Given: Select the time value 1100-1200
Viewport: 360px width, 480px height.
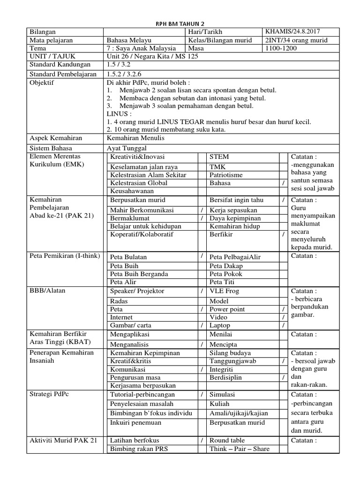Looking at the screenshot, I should click(281, 48).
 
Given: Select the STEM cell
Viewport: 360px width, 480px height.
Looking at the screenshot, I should click(219, 157).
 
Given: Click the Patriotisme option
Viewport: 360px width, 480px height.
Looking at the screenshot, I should click(227, 175).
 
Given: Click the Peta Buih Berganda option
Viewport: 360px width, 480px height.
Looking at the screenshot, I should click(139, 274).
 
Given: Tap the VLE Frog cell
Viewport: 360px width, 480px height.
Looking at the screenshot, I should click(225, 291).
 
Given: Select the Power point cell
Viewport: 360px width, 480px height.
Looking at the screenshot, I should click(227, 309).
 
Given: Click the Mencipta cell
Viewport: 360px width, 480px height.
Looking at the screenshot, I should click(223, 344).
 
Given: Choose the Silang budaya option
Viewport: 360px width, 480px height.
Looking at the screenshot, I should click(230, 353).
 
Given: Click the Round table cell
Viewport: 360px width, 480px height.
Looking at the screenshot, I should click(227, 441).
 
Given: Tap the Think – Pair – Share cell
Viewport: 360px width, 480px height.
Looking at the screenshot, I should click(239, 449).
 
